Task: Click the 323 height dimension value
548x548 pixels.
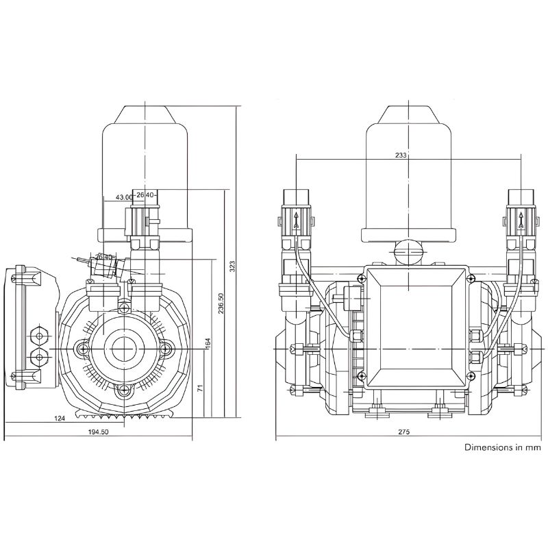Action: (x=232, y=265)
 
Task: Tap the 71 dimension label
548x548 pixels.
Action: (x=199, y=388)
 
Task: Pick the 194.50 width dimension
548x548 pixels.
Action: (x=98, y=432)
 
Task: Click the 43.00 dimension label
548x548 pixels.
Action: (x=124, y=197)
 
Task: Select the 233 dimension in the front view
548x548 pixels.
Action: (x=401, y=155)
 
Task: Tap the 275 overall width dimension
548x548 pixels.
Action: (x=403, y=432)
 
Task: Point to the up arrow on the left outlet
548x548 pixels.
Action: (x=295, y=221)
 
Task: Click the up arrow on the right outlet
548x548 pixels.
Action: (x=521, y=221)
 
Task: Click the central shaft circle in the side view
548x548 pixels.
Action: (x=124, y=348)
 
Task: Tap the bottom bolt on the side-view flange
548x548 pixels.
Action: (x=124, y=390)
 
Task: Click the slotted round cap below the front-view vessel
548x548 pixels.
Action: (x=408, y=251)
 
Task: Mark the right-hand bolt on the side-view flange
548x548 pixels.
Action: (x=165, y=348)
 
